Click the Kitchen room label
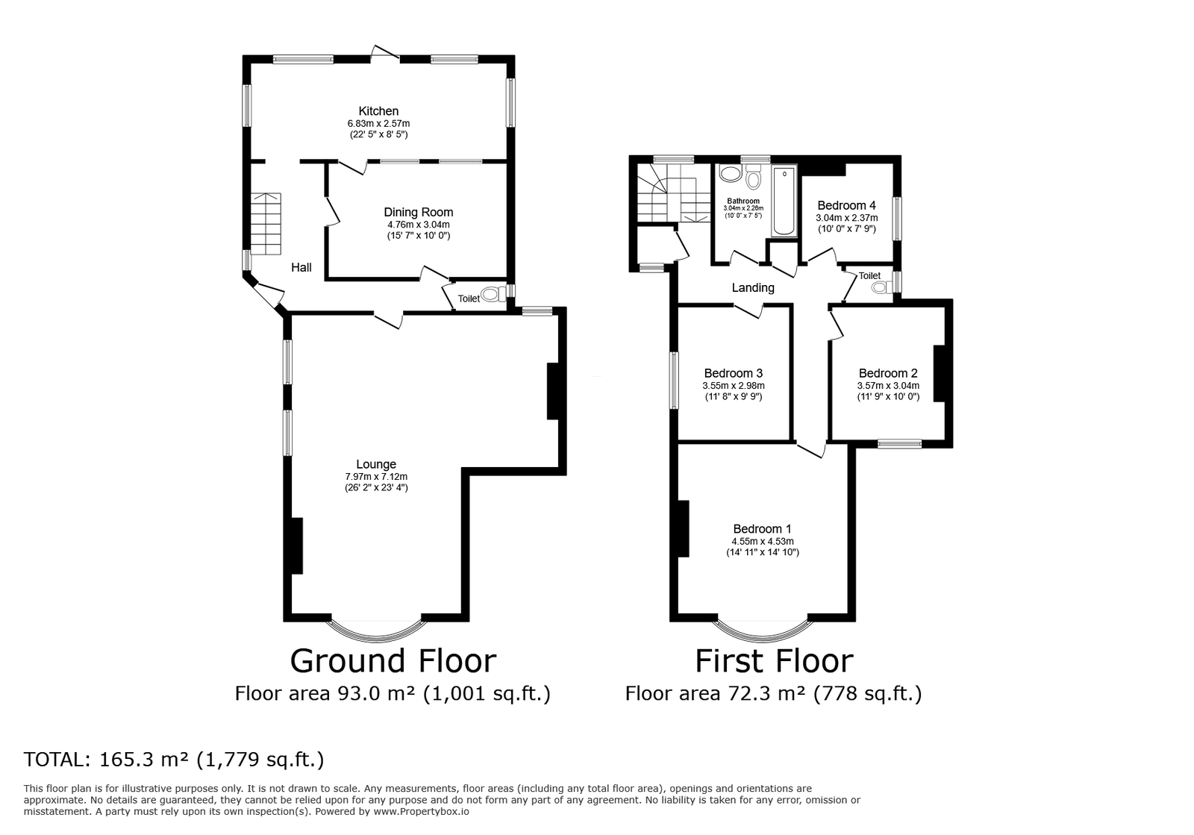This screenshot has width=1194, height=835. pos(378,111)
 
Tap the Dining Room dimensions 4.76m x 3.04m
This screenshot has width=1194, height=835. pos(418,224)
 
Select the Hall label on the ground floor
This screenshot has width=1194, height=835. pos(301,267)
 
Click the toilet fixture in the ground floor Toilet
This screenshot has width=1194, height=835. pos(493,294)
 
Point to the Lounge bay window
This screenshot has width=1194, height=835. pos(376,631)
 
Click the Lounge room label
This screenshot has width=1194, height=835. pos(376,464)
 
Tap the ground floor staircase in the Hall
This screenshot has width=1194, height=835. pos(266,223)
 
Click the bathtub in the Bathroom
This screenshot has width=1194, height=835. pos(784,201)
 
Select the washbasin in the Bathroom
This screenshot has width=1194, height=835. pos(729,175)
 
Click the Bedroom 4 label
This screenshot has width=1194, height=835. pos(846,205)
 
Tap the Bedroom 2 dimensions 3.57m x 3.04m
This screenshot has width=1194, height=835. pos(888,386)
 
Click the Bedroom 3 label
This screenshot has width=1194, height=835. pos(733,373)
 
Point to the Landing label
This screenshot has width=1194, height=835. pos(753,287)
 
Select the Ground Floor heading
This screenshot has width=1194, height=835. pos(393,661)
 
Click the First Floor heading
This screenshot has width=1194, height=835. pos(774,661)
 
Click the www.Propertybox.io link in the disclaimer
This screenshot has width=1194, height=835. pos(421,811)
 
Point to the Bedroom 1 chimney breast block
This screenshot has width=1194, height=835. pos(683,528)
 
